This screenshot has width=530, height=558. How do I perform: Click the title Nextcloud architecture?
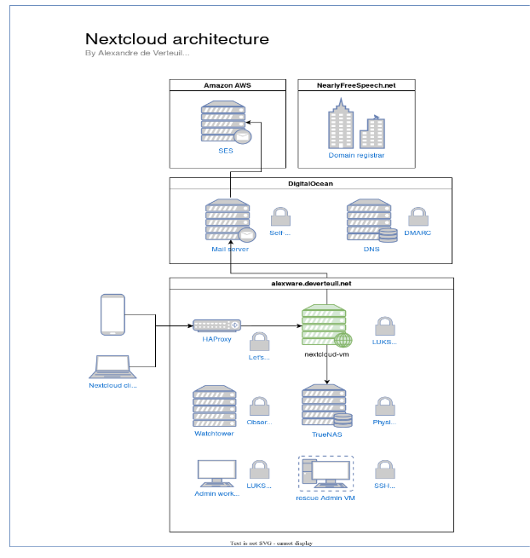(176, 39)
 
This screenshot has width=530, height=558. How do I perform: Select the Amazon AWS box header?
(227, 85)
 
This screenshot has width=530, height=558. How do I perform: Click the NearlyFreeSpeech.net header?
(356, 85)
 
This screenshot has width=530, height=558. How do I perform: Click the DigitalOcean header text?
(309, 183)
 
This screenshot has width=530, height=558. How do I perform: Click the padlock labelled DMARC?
(418, 216)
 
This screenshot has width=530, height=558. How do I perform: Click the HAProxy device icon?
(216, 325)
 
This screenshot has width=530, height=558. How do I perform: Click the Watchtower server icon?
(214, 406)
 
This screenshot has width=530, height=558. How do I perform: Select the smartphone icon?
(112, 314)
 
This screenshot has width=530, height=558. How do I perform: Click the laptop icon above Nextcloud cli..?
(113, 366)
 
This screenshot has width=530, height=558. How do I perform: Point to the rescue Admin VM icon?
(325, 474)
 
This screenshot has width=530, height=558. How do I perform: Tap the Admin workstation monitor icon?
(216, 473)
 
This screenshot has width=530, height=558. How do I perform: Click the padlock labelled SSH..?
(385, 469)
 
